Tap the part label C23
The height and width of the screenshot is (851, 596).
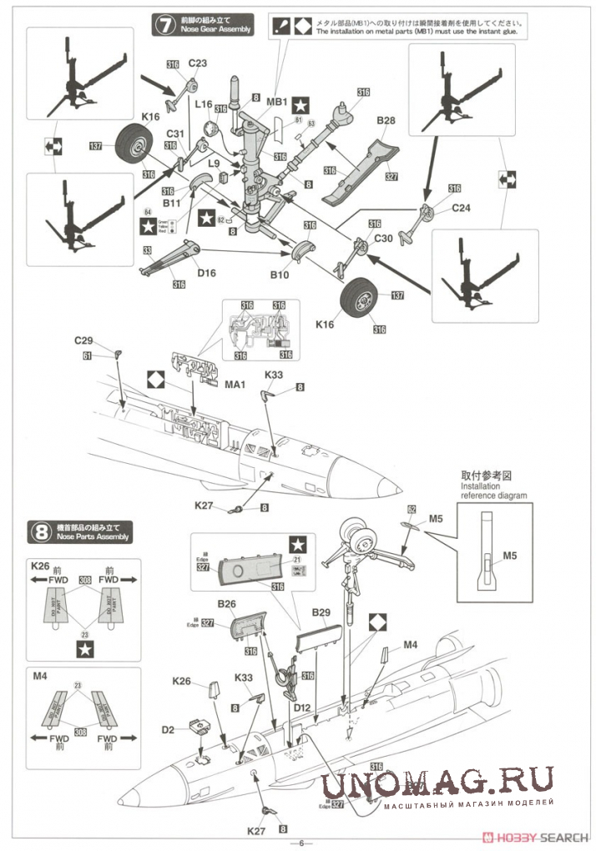[x=197, y=63]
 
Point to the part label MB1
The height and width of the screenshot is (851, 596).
[x=277, y=103]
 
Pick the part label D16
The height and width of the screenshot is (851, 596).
[x=205, y=271]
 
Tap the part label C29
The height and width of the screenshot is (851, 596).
[x=83, y=340]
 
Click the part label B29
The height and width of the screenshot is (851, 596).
[x=322, y=613]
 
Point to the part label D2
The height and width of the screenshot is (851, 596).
[x=168, y=730]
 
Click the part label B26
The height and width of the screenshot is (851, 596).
[x=226, y=603]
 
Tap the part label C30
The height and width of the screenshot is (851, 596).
[x=383, y=239]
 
